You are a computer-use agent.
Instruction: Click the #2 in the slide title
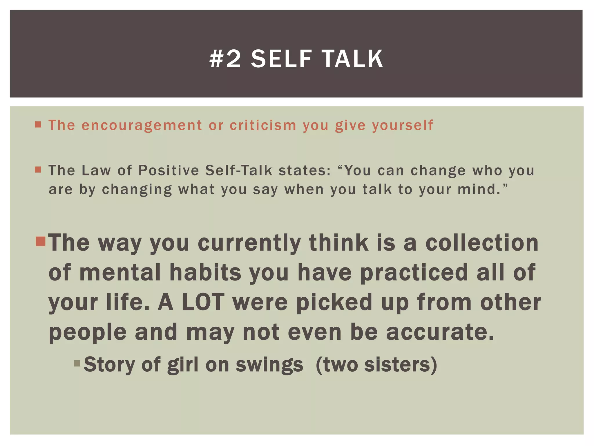pos(225,59)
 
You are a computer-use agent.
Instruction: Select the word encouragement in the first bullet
pos(142,126)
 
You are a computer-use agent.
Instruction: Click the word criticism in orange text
pos(263,125)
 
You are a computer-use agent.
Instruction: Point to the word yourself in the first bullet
pos(403,126)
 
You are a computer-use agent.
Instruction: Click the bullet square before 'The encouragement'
pos(38,125)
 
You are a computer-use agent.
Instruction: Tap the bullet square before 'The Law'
pos(38,170)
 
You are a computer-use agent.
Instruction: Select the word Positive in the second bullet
pos(169,170)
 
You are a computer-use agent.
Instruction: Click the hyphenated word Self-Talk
pos(239,170)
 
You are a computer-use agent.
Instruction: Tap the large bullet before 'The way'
pos(41,241)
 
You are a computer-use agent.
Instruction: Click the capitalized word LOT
pos(203,302)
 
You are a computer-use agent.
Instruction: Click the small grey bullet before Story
pos(77,363)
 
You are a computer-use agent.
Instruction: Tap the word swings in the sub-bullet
pos(269,364)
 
